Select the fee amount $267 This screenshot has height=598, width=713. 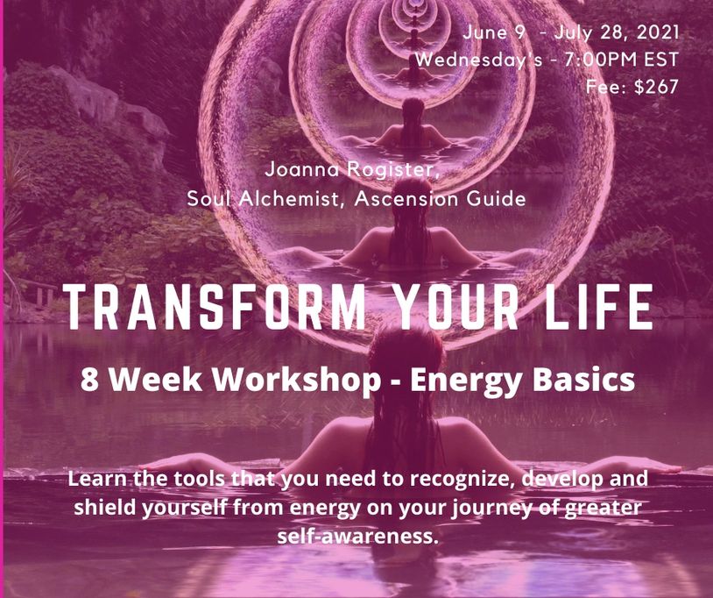tap(656, 87)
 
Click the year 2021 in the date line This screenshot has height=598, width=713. tap(658, 32)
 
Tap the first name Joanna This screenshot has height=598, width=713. tap(302, 169)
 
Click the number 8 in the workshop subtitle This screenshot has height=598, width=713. tap(89, 379)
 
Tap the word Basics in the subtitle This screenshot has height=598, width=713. tap(583, 379)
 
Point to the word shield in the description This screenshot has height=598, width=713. tap(103, 507)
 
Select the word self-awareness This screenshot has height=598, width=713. tap(357, 536)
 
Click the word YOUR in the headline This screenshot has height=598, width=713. tap(455, 307)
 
